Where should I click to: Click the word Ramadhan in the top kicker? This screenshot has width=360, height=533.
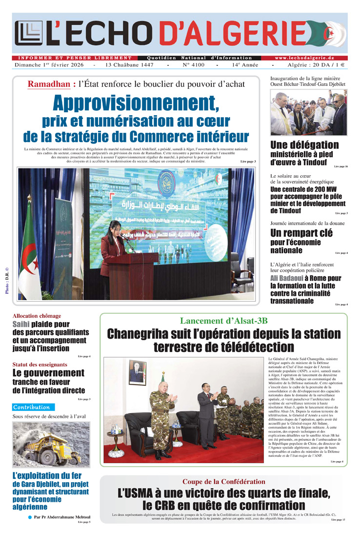[x=49, y=84]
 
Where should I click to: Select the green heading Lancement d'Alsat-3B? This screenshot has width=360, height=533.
[x=224, y=321]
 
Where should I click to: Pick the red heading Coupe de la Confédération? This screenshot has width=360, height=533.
[x=224, y=482]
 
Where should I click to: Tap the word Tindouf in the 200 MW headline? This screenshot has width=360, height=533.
[x=285, y=211]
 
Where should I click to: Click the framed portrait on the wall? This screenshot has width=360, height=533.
[x=137, y=372]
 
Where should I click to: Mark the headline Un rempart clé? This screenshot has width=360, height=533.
[x=301, y=233]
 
